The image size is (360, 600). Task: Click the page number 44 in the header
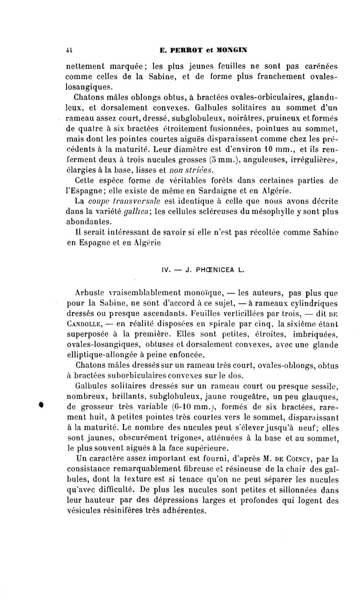pos(69,50)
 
